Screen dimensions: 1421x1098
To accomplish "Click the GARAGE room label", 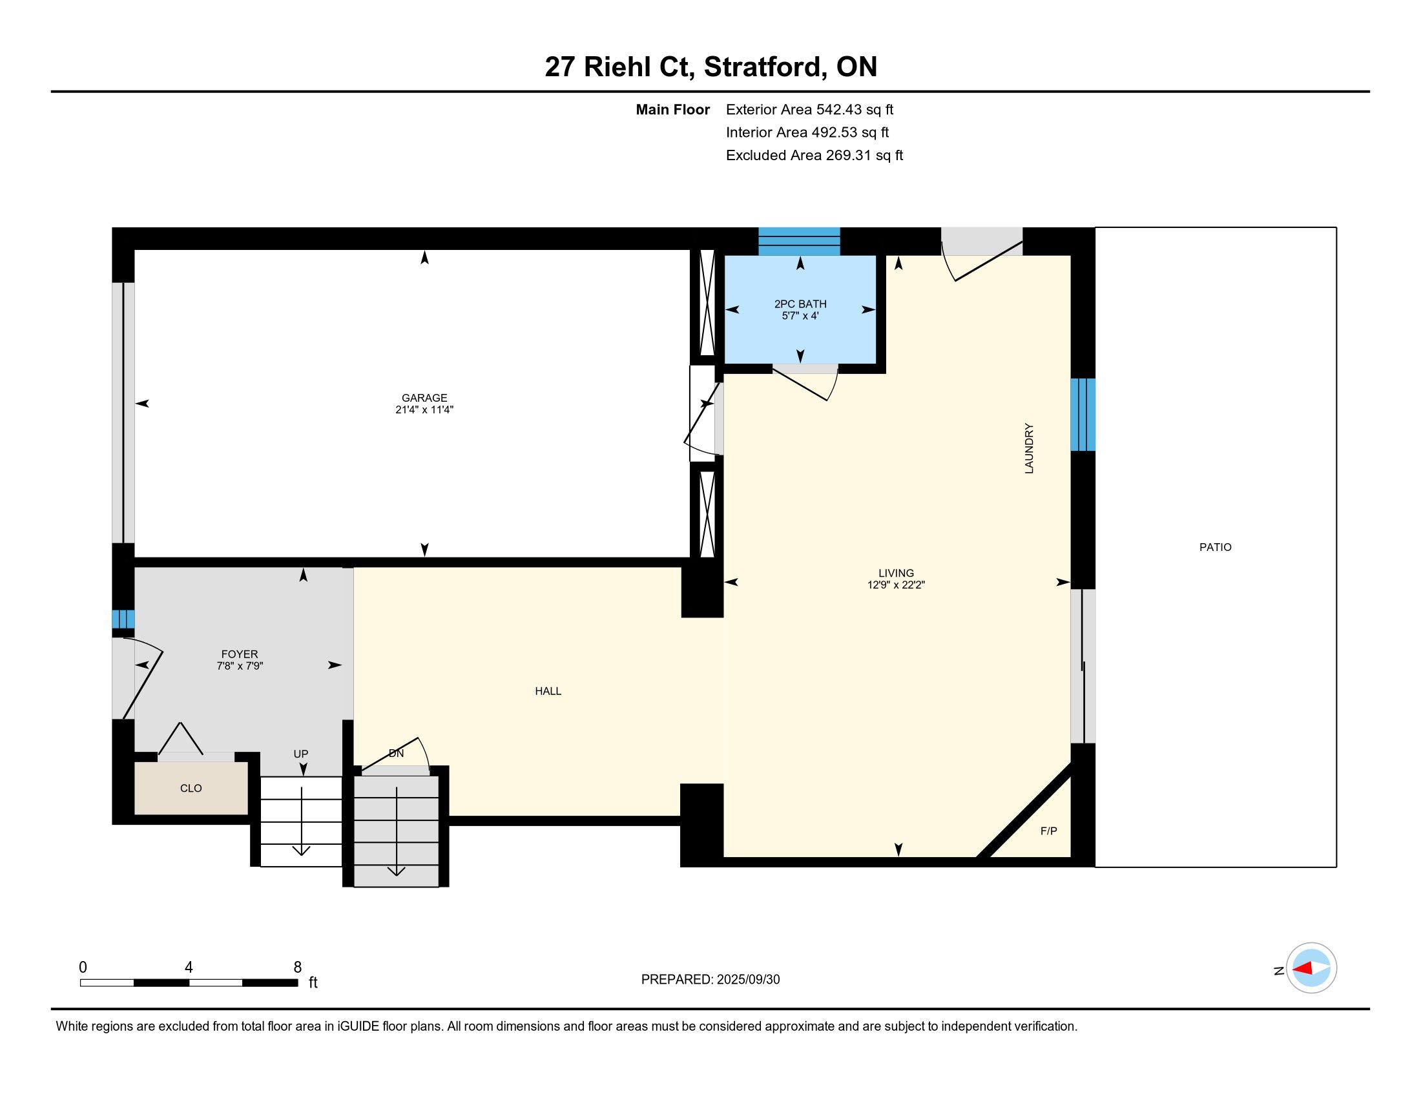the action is [x=424, y=398].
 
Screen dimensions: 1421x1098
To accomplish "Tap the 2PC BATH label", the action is [x=800, y=304].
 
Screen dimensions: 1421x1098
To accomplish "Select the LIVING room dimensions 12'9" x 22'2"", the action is [x=896, y=585].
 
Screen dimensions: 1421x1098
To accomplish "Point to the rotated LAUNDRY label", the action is [x=1029, y=448].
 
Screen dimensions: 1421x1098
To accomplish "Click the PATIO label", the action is [x=1216, y=547].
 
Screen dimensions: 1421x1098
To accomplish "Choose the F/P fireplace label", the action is [x=1049, y=831].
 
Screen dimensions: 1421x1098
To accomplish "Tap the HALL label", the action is [x=548, y=691].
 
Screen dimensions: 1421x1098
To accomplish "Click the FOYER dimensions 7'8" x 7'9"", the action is [x=240, y=666].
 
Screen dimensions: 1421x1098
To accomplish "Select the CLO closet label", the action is [x=191, y=788].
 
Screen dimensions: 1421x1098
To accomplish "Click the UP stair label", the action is [x=300, y=754].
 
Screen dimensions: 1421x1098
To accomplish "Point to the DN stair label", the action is [x=396, y=753].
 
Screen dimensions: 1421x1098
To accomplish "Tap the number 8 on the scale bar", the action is [x=297, y=968].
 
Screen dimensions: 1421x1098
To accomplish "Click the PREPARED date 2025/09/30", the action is [x=748, y=980].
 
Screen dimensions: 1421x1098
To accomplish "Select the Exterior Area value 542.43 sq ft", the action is [x=855, y=109].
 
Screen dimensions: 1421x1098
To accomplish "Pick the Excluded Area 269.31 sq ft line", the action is [x=814, y=155].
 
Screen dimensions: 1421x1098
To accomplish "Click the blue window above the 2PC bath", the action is [x=799, y=242].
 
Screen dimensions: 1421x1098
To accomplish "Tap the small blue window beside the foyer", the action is [x=123, y=619].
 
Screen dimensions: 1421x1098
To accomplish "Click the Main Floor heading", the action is [x=673, y=109].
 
